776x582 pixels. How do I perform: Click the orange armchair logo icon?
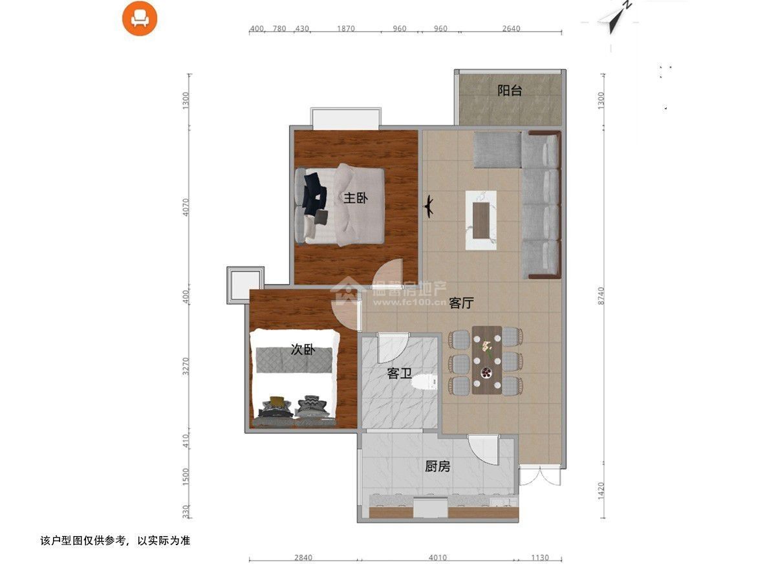(140, 18)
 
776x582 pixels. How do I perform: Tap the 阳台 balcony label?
(510, 91)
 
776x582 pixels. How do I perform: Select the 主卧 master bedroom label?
(356, 198)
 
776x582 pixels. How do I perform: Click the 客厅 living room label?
(461, 303)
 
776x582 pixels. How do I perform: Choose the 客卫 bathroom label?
(399, 374)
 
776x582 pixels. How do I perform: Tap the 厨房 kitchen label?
(437, 466)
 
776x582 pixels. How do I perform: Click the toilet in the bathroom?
(425, 382)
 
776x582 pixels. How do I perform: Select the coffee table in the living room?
(481, 221)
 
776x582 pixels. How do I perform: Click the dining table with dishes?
(487, 360)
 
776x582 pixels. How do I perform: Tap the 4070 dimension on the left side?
(186, 208)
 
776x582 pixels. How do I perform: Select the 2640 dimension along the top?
(512, 28)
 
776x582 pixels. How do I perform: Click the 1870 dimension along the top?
(346, 28)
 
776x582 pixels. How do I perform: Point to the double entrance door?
(540, 477)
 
